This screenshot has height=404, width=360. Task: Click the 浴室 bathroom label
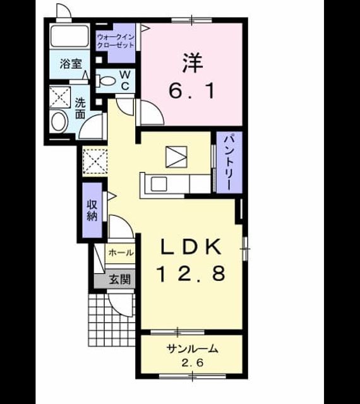point(71,64)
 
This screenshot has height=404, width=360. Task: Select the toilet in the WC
point(105,81)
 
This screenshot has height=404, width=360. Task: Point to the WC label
point(125,80)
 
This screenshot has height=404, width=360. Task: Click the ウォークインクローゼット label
point(116,41)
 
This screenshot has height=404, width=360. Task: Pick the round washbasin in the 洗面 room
point(59,122)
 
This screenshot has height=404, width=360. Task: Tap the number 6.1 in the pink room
point(191,91)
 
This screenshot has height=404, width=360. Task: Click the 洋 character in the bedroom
point(192,62)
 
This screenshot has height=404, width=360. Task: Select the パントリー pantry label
point(229,162)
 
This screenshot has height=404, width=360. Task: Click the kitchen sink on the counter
point(159,184)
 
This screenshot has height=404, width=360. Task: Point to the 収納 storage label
point(92,210)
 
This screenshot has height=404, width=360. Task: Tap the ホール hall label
point(121,252)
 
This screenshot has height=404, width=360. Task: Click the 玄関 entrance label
point(119,279)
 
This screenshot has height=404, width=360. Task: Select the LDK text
point(191,247)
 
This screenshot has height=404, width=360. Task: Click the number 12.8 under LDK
point(191,273)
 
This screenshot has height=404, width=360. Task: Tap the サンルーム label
point(193,349)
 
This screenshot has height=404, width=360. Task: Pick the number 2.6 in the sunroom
point(193,363)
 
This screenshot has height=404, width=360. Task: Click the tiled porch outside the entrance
point(112,320)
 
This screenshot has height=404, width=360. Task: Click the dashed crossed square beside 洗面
point(60,97)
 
